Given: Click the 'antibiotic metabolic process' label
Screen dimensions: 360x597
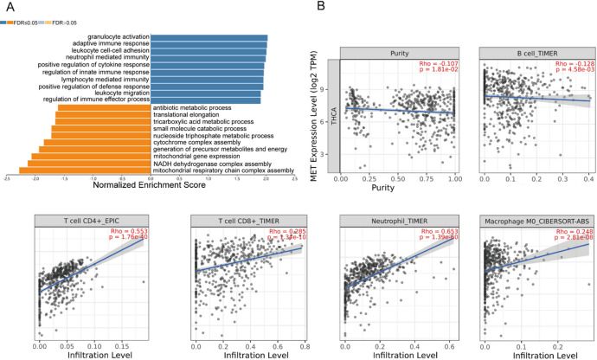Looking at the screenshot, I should click(x=193, y=107).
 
